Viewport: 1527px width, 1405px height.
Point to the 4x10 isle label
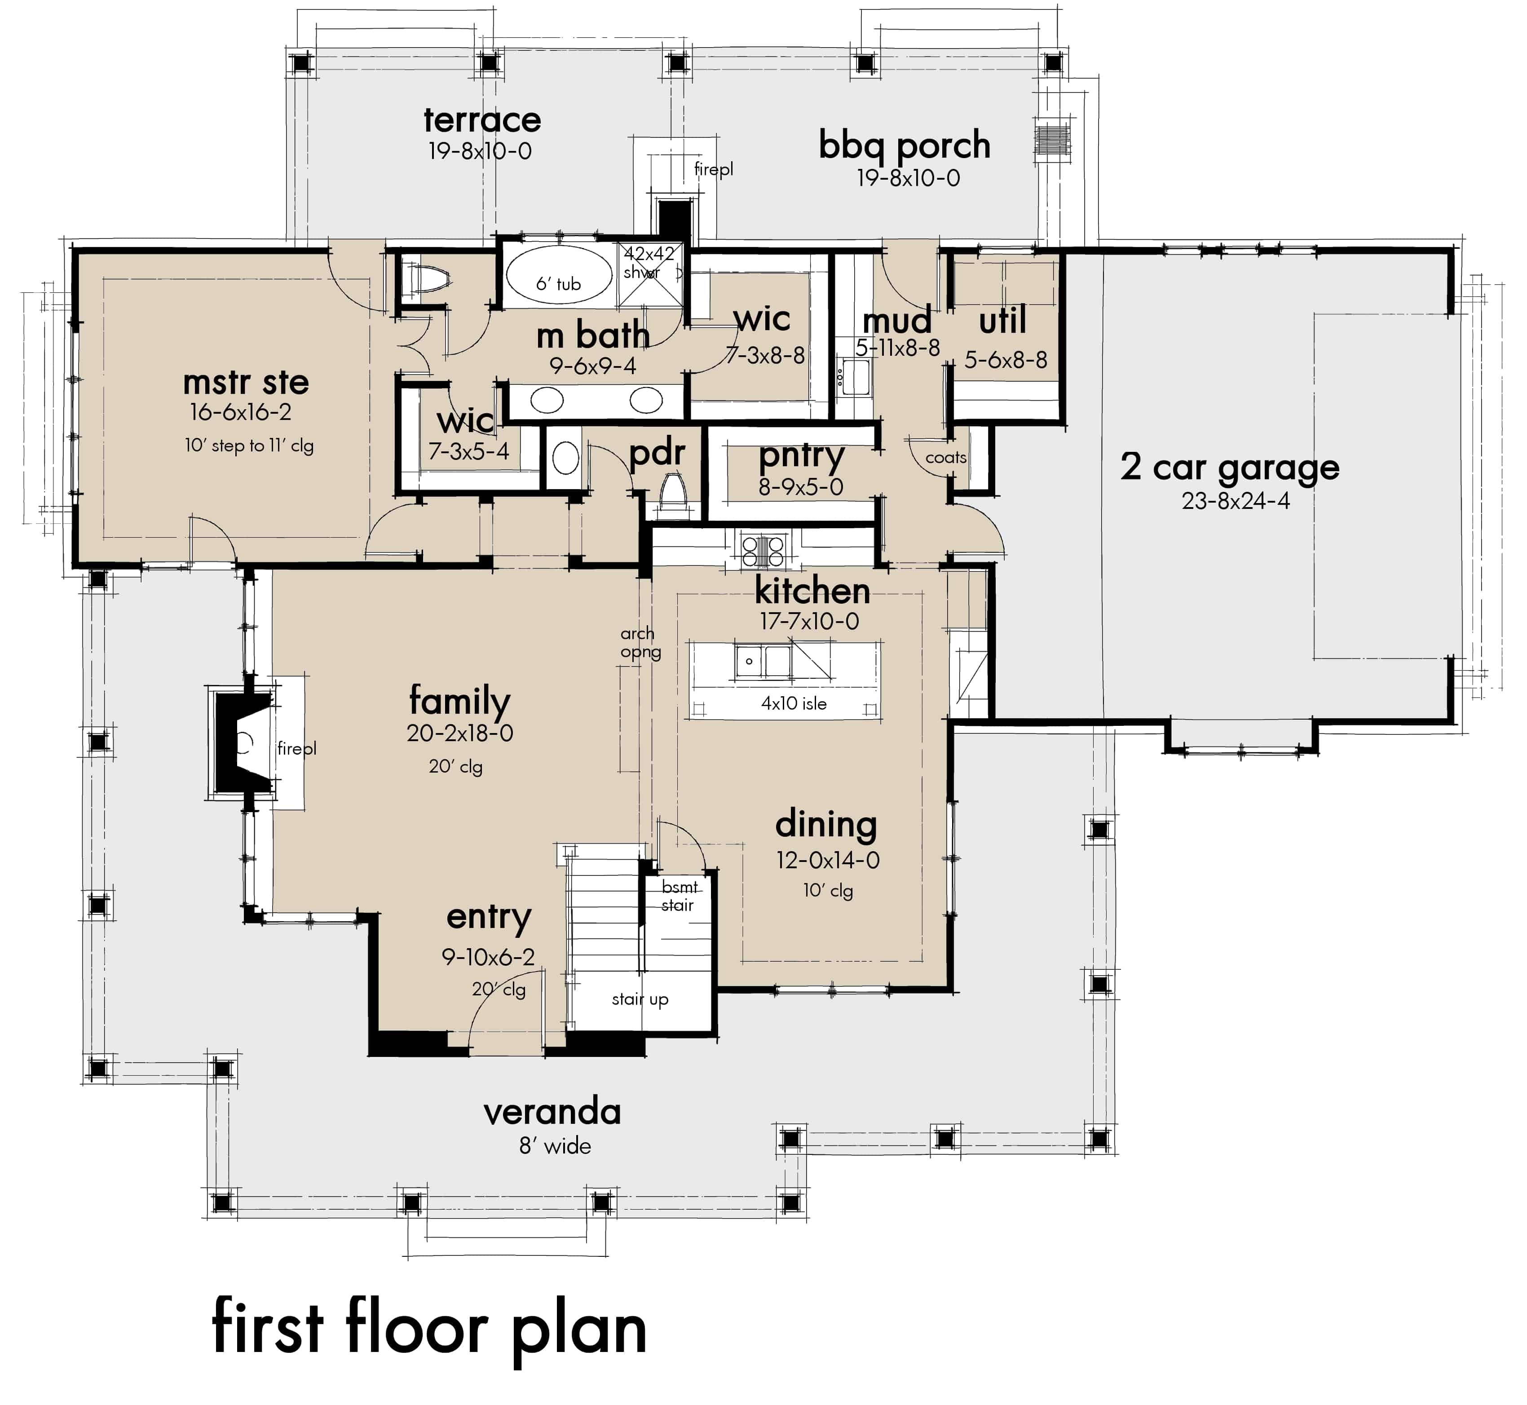[794, 703]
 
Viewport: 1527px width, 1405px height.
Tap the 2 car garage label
[1229, 468]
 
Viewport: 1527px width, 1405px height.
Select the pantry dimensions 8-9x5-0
[800, 486]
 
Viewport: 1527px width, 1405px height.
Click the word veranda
[552, 1112]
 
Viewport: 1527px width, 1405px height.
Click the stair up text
[640, 999]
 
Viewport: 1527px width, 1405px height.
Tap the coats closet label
[945, 458]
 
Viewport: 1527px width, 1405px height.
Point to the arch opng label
[640, 642]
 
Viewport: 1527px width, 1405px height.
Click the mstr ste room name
[246, 382]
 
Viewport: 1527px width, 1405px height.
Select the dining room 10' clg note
[828, 890]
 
